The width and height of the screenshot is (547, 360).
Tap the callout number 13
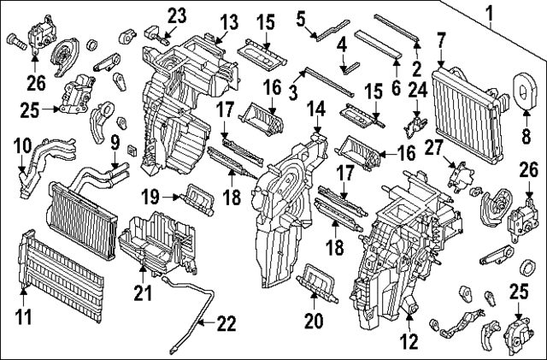227,21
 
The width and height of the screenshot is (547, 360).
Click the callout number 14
316,109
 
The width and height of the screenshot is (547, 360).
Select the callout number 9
114,141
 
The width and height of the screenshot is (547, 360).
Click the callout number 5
301,16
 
